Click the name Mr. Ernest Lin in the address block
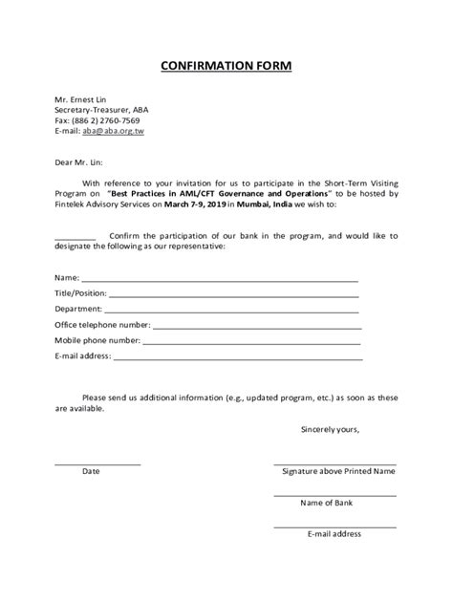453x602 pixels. [80, 97]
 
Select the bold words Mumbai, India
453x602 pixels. [277, 204]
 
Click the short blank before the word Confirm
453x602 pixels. [75, 234]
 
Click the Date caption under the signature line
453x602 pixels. [91, 471]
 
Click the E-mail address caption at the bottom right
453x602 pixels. [334, 533]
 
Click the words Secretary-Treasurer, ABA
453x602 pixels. [101, 109]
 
